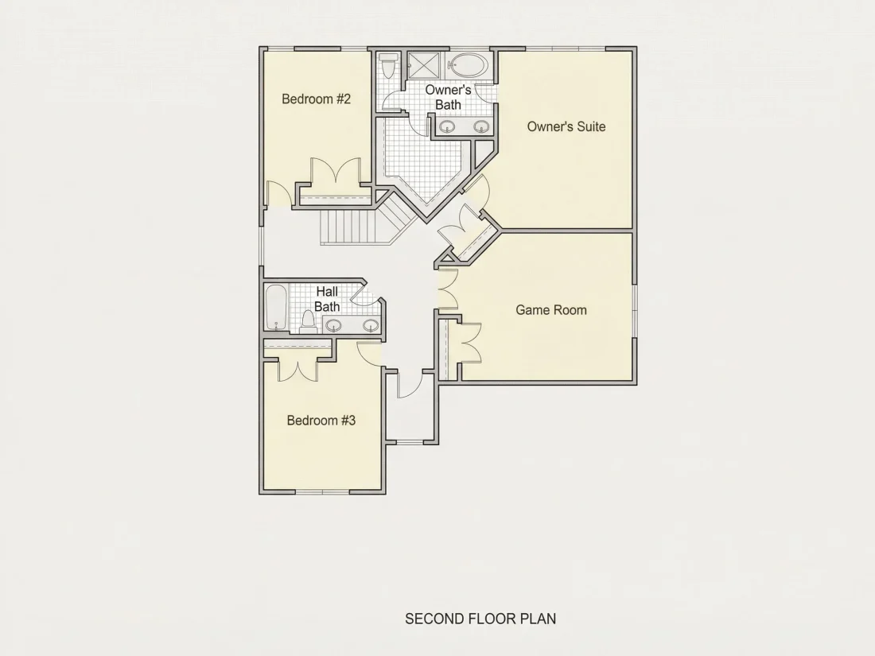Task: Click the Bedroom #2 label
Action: [x=316, y=99]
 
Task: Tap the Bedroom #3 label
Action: [x=321, y=421]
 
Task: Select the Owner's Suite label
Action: [x=566, y=126]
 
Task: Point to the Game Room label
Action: [x=550, y=310]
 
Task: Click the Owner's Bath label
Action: [x=448, y=98]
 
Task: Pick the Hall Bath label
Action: [x=327, y=299]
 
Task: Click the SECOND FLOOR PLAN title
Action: [x=480, y=619]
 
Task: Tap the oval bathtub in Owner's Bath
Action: [x=469, y=66]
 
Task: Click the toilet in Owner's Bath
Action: [x=388, y=66]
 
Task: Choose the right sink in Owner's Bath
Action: [x=481, y=126]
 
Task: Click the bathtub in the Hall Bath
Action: [x=276, y=308]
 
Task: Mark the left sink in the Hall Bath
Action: [x=334, y=325]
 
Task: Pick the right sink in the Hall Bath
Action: [x=371, y=325]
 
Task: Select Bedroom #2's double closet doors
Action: [x=336, y=171]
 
